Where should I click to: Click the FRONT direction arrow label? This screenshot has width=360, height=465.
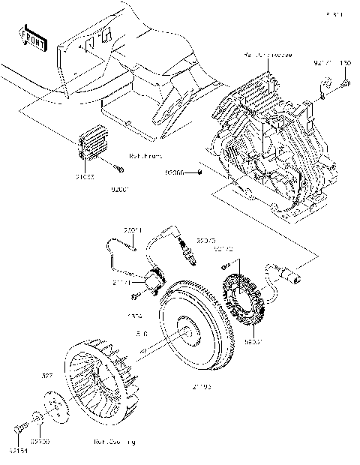pyautogui.click(x=34, y=38)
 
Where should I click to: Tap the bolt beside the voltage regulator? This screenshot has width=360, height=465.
pyautogui.click(x=119, y=167)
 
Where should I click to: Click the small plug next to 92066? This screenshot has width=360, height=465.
pyautogui.click(x=202, y=172)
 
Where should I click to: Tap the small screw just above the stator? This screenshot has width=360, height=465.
pyautogui.click(x=224, y=267)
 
